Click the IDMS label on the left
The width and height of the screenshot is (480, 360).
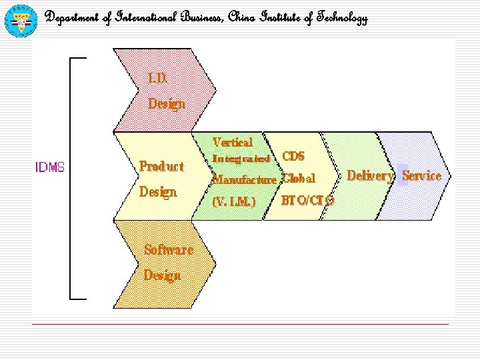50,167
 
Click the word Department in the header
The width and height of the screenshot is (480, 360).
71,19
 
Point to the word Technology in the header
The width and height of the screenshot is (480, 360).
341,19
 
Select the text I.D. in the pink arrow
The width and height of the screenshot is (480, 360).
158,78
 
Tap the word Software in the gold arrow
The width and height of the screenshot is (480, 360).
169,250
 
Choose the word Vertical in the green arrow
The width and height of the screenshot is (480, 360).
233,142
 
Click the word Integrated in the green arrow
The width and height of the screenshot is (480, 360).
241,159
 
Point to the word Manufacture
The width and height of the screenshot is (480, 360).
244,180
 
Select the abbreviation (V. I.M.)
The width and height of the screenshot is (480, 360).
233,201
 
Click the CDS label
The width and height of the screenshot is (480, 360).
294,157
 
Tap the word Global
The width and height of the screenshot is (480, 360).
299,179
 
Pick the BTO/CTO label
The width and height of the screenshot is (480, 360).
308,200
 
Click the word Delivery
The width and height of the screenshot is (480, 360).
371,176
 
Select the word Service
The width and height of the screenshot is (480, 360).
421,176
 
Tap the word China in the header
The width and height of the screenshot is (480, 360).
241,19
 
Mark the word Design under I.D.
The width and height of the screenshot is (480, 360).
166,104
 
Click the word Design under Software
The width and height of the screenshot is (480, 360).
162,275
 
